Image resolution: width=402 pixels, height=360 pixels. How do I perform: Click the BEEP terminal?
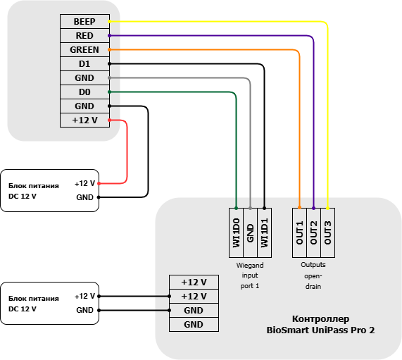pos(85,21)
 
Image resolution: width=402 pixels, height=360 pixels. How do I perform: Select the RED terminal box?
pos(85,35)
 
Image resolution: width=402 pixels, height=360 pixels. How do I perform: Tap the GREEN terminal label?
pos(84,49)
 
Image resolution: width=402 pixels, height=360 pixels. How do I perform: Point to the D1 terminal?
pos(85,63)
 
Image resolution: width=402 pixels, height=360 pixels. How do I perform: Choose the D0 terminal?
pos(85,92)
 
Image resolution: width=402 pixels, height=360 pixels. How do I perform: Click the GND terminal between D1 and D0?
pos(85,77)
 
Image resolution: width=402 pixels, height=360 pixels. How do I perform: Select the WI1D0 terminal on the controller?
pos(236,232)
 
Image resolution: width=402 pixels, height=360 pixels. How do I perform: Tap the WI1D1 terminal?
pos(264,232)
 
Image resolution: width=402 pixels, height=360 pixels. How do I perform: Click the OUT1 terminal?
pos(299,232)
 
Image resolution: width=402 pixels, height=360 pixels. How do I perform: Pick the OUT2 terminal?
pos(313,232)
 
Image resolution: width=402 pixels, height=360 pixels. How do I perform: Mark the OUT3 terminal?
pos(327,232)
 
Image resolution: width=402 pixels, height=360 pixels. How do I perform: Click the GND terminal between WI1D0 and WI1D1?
pos(250,232)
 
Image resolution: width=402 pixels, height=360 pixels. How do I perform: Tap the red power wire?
pos(127,151)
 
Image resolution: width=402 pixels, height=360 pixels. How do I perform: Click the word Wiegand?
pos(250,266)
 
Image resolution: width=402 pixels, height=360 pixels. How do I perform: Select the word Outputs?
pos(313,265)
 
